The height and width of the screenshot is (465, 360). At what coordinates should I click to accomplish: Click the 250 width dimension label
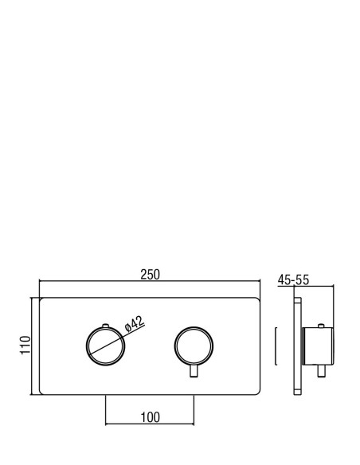(150, 275)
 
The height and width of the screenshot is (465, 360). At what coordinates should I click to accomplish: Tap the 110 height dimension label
(25, 346)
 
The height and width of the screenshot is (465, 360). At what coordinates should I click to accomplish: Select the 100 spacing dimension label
(150, 417)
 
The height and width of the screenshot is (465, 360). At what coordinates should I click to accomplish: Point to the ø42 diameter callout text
(135, 323)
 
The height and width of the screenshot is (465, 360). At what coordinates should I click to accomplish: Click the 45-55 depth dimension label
(293, 279)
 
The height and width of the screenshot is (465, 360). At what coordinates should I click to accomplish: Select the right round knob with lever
(175, 346)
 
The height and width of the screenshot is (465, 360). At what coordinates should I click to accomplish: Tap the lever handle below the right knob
(194, 371)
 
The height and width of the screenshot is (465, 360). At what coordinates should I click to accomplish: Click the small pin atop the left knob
(106, 326)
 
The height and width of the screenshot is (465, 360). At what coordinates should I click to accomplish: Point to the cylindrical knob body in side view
(318, 346)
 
